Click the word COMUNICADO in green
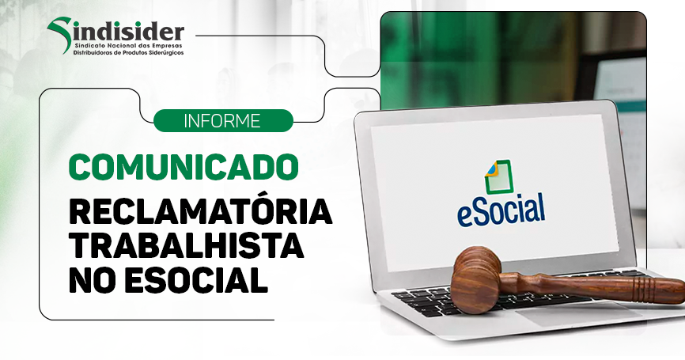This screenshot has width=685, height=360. pyautogui.click(x=184, y=166)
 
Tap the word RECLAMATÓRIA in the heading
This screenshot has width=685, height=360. pyautogui.click(x=201, y=211)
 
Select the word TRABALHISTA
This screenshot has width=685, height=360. pyautogui.click(x=186, y=245)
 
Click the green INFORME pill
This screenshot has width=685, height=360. pyautogui.click(x=223, y=120)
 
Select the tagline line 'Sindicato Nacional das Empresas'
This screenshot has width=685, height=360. pyautogui.click(x=128, y=45)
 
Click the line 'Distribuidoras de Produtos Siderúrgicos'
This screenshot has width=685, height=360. pyautogui.click(x=128, y=53)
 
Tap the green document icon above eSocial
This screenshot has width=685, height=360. pyautogui.click(x=498, y=177)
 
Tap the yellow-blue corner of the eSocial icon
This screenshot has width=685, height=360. pyautogui.click(x=491, y=169)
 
